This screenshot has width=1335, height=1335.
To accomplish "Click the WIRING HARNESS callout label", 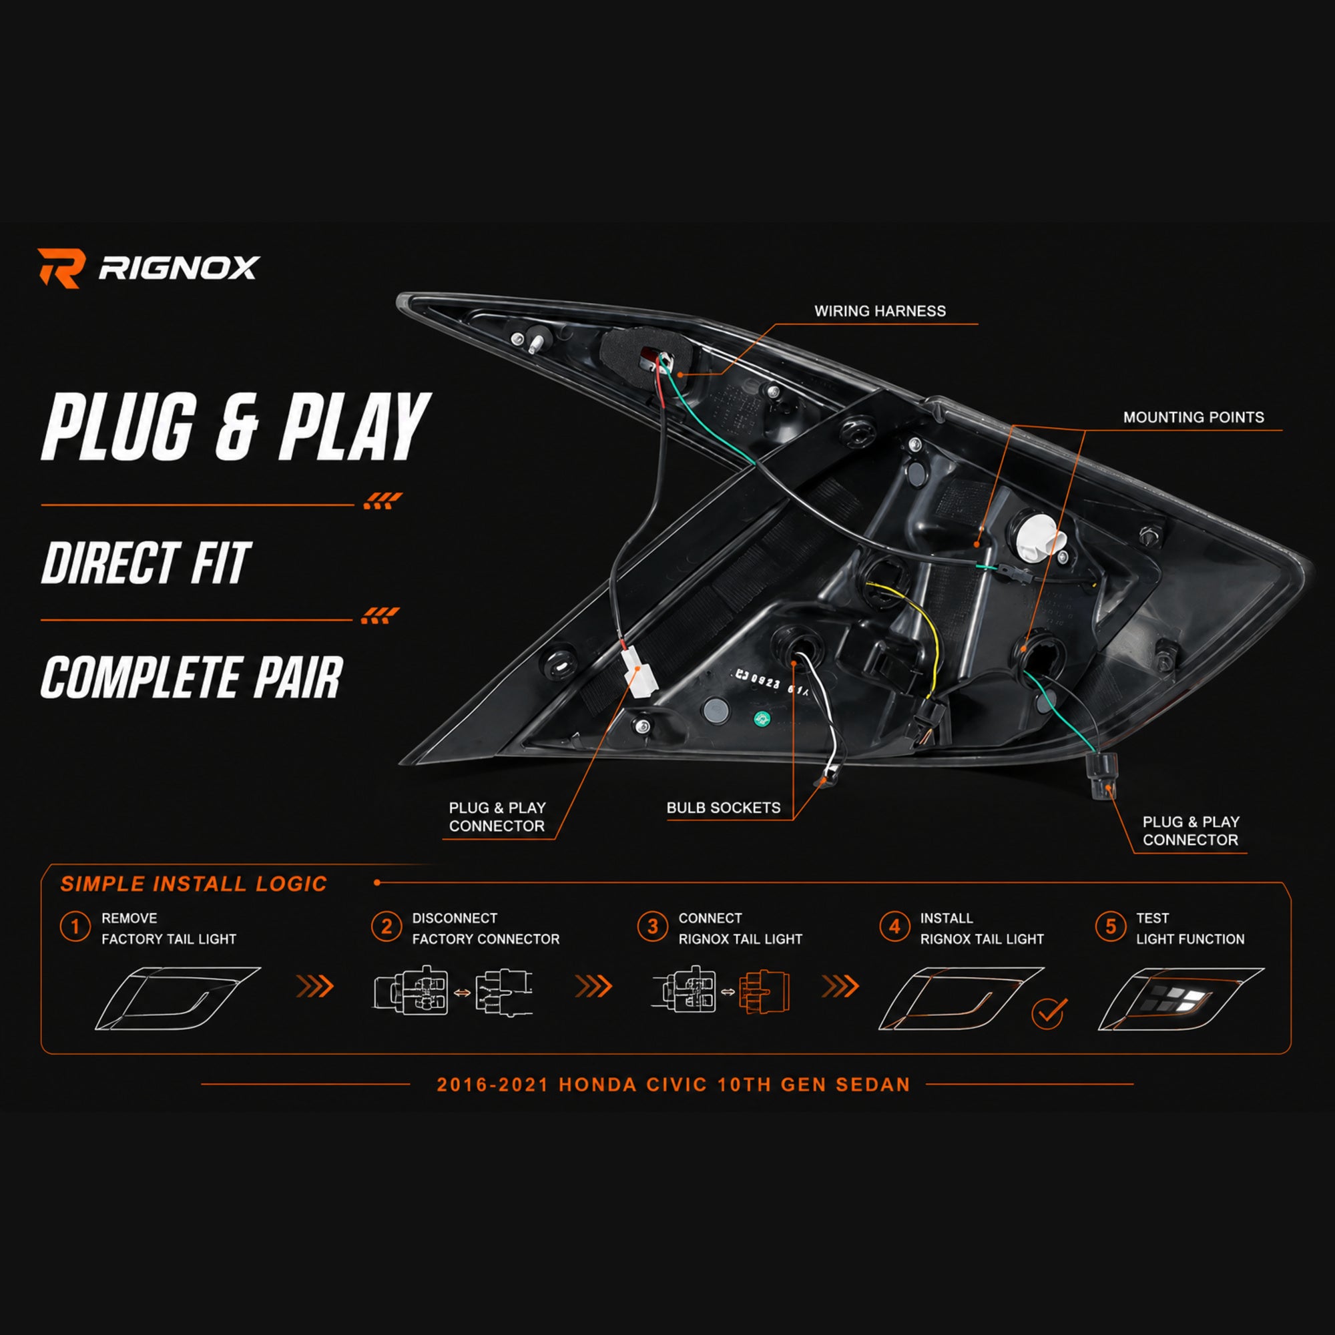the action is [x=880, y=311].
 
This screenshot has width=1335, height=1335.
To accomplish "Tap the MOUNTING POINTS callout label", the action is [x=1193, y=417].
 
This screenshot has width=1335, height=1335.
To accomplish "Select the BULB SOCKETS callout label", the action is [x=724, y=807].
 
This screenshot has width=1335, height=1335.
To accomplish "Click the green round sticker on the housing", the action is [x=762, y=718].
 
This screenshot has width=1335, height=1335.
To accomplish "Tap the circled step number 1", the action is [x=75, y=926].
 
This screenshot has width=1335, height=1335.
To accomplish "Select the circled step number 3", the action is [x=652, y=926].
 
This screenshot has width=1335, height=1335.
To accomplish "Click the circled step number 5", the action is [x=1111, y=926].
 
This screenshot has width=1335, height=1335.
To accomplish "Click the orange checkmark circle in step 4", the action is [x=1048, y=1014].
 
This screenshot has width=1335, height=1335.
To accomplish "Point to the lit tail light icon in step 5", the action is [x=1180, y=999].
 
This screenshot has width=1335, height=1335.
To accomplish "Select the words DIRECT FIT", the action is [x=146, y=563].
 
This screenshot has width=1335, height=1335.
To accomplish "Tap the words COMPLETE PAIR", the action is [x=192, y=677].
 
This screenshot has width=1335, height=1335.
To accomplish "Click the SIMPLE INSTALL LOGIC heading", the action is [x=194, y=884].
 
